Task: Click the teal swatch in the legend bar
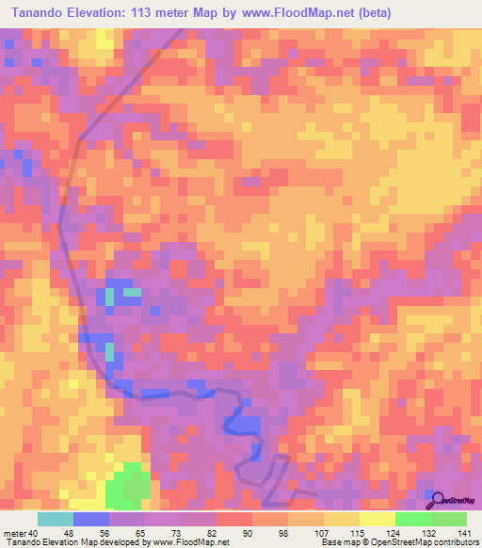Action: (x=56, y=519)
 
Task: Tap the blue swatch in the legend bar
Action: (x=91, y=519)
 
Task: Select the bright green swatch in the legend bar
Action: (x=412, y=519)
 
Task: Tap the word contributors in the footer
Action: (x=450, y=543)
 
